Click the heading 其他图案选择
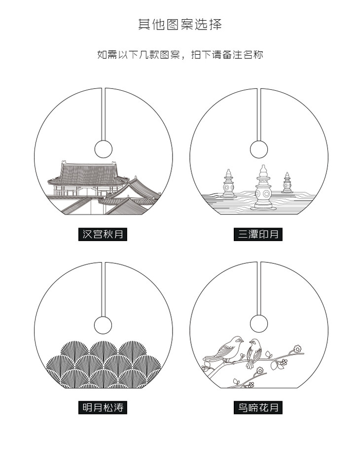[180, 24]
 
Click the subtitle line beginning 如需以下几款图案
[180, 55]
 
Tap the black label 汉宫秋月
[103, 234]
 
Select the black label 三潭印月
[258, 234]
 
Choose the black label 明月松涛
[103, 407]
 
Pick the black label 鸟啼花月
[258, 407]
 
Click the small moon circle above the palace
[104, 149]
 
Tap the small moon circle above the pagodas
[259, 149]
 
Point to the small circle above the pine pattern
[103, 325]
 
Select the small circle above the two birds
[259, 323]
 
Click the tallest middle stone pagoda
[263, 187]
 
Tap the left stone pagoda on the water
[228, 184]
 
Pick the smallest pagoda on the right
[287, 183]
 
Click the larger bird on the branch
[224, 350]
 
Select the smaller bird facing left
[253, 353]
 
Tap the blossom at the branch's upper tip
[297, 349]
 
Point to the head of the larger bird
[238, 340]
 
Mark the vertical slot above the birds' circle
[259, 288]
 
